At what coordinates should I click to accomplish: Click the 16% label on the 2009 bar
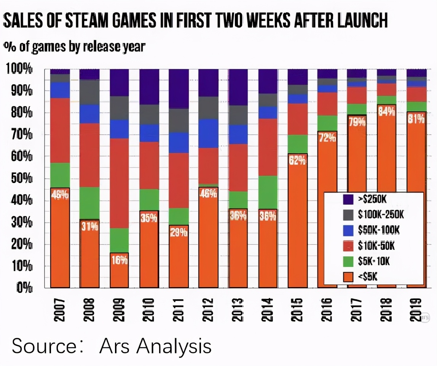click(120, 261)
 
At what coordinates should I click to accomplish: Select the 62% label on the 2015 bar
click(297, 161)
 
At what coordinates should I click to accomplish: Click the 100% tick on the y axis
click(19, 69)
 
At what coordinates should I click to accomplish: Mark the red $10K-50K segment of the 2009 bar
click(120, 183)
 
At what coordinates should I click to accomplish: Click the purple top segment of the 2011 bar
click(179, 88)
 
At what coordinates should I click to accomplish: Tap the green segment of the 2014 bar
click(268, 192)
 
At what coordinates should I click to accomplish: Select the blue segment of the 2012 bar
click(208, 133)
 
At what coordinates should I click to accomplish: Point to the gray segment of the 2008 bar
click(89, 92)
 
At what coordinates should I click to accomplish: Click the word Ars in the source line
click(114, 346)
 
